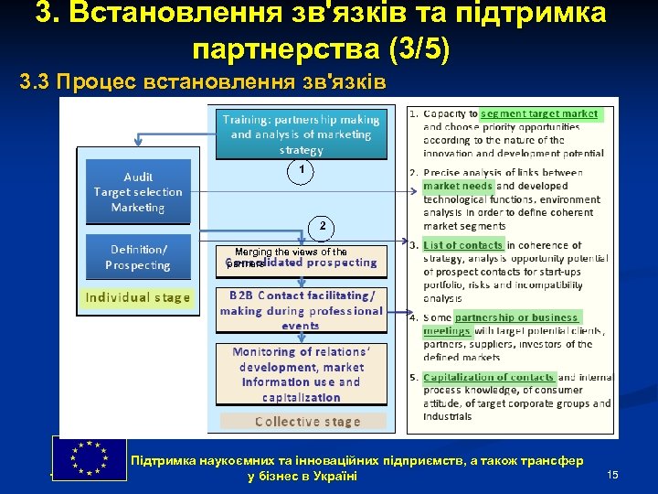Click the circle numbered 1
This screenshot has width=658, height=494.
tap(301, 171)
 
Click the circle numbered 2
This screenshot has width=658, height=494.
tap(321, 225)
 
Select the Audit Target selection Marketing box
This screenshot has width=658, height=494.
tap(138, 192)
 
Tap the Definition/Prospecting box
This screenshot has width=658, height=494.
tap(138, 257)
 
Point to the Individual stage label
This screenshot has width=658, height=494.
tap(138, 297)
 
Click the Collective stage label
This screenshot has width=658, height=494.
tap(307, 422)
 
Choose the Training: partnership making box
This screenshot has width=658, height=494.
tap(302, 134)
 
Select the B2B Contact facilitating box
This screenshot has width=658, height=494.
tap(302, 310)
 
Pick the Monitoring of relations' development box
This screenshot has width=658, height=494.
tap(302, 374)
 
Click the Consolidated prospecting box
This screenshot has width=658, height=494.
tap(302, 263)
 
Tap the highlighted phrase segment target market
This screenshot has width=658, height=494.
tap(539, 114)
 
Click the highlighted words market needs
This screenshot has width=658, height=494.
tap(458, 186)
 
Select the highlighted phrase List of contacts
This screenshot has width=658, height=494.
tap(463, 244)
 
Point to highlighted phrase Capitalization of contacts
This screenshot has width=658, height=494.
tap(489, 377)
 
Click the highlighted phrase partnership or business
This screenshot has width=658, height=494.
tap(516, 317)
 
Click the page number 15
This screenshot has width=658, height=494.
tap(612, 474)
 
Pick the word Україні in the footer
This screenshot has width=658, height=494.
tap(334, 477)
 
